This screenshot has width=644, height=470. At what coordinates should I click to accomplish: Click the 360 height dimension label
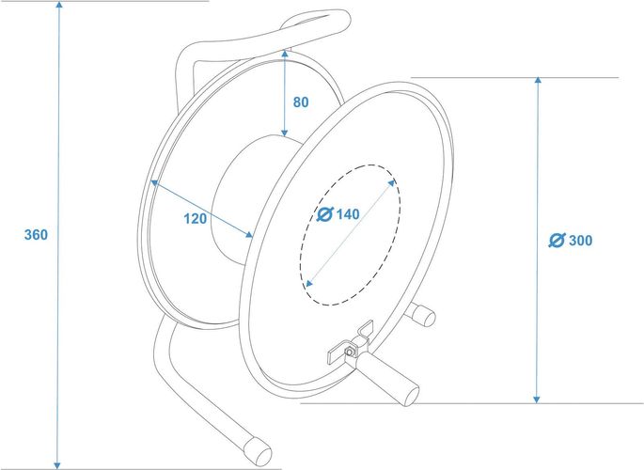[x=36, y=235]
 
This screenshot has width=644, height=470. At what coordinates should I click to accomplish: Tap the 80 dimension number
[x=301, y=102]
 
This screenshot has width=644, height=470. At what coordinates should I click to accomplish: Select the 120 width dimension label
[x=196, y=219]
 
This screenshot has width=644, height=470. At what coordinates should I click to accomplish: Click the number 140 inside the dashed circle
[x=348, y=214]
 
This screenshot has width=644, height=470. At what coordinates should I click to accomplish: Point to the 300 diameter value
[x=580, y=241]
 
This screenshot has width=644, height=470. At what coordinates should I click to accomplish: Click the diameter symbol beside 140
[x=325, y=214]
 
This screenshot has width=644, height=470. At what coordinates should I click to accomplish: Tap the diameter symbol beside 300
[x=557, y=241]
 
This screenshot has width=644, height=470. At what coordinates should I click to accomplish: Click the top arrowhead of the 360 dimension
[x=59, y=5]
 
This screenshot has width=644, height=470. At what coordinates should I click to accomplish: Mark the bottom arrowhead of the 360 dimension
[x=57, y=464]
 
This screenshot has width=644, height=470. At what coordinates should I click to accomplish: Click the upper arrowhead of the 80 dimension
[x=284, y=55]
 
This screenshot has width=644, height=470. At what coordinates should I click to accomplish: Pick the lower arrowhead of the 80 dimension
[x=284, y=133]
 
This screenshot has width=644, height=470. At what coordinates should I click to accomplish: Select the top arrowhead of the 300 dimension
[x=538, y=81]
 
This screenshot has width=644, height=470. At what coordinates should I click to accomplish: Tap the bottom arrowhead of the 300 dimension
[x=537, y=399]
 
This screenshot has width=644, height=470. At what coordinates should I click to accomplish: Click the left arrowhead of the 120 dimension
[x=154, y=182]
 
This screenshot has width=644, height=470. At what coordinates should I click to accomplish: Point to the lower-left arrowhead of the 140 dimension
[x=309, y=283]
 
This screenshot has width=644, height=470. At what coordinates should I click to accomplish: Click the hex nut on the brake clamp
[x=349, y=352]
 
